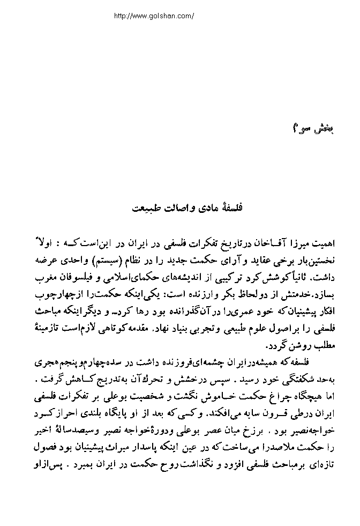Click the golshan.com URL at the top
click(x=154, y=16)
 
